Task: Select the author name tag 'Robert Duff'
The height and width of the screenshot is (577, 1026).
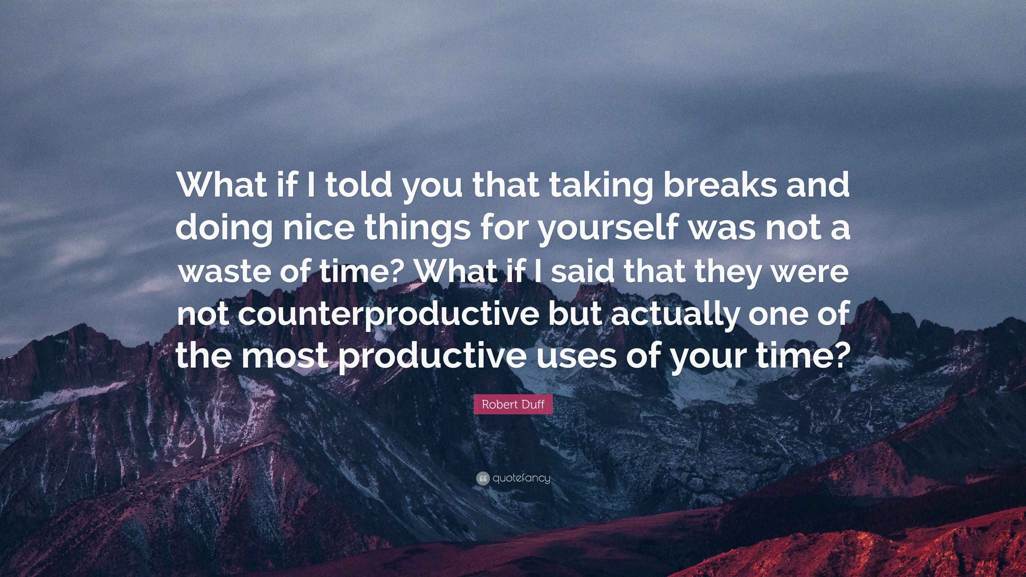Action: click(513, 404)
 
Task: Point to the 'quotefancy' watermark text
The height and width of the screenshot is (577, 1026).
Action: click(521, 478)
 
